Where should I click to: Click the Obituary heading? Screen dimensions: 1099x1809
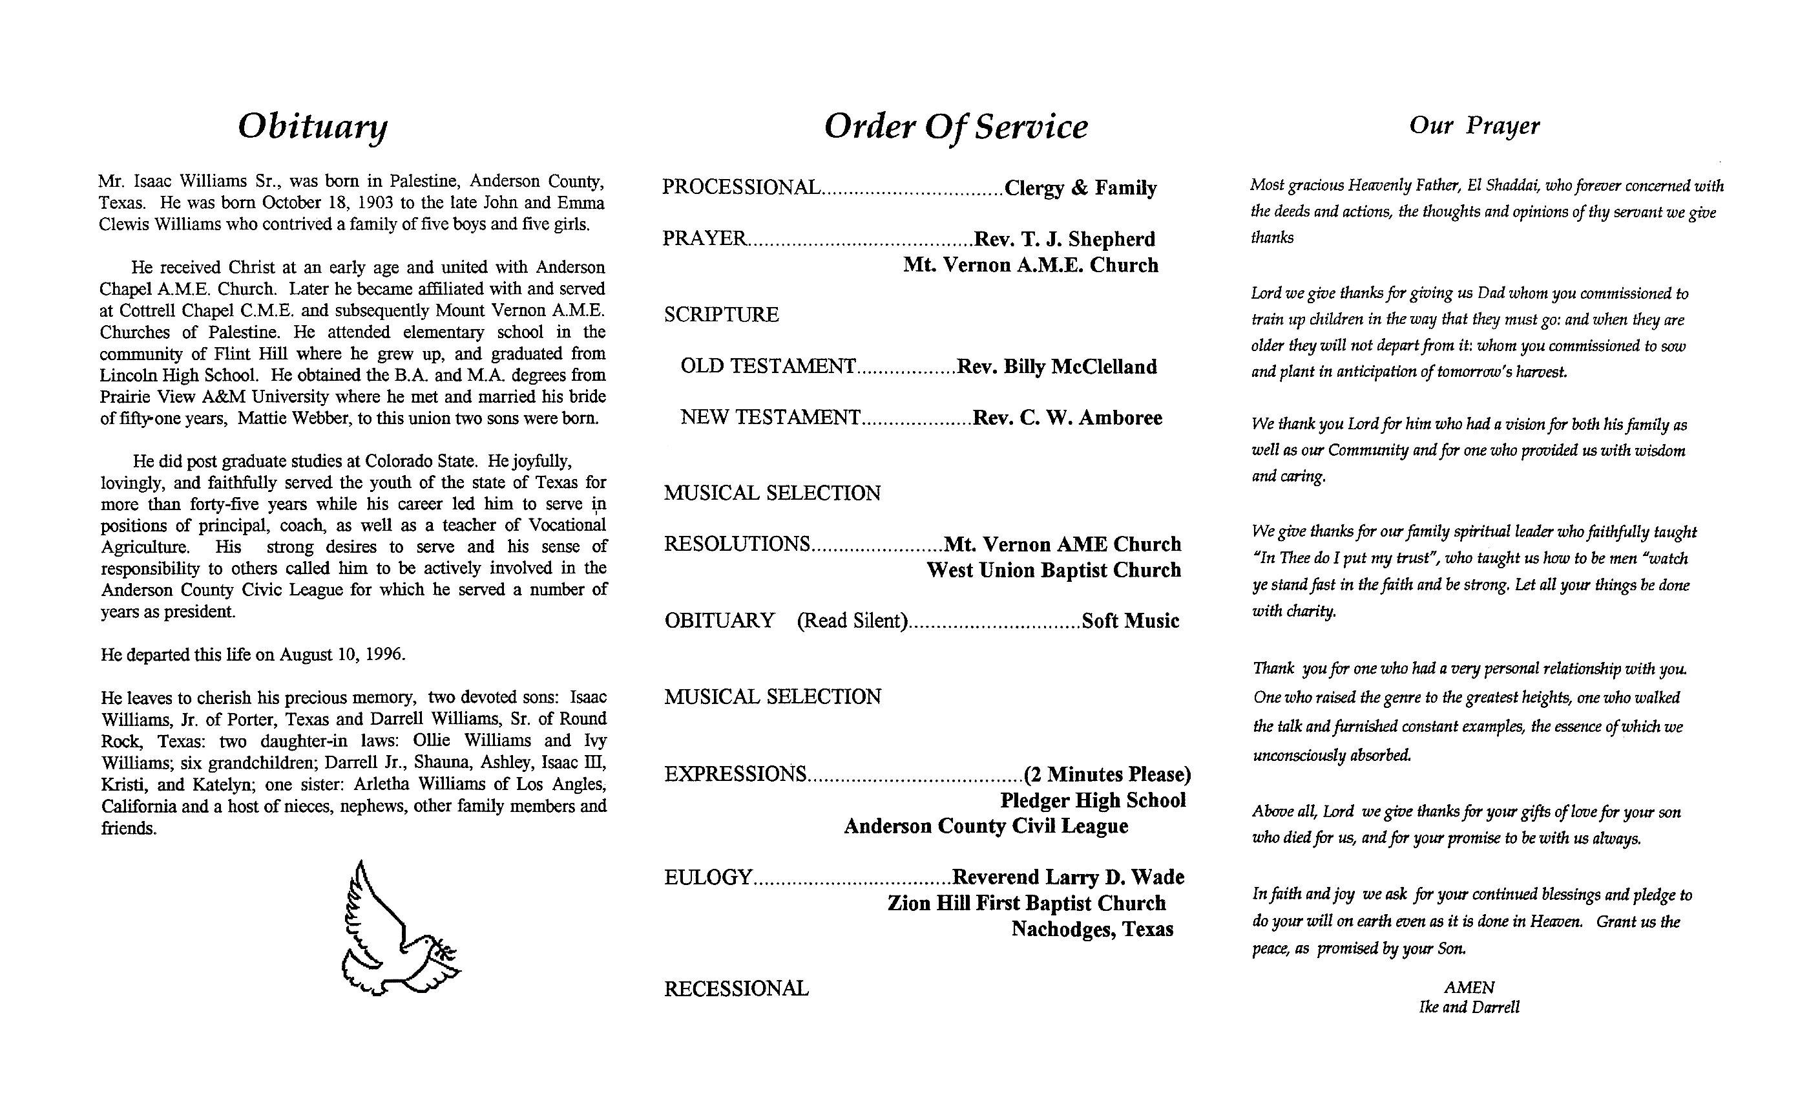pyautogui.click(x=313, y=126)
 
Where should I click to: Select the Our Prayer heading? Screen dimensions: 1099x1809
pyautogui.click(x=1474, y=125)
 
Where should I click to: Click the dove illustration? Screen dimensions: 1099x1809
pyautogui.click(x=397, y=930)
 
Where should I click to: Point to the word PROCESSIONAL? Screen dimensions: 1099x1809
pyautogui.click(x=741, y=187)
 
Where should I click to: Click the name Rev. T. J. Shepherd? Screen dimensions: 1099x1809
pyautogui.click(x=1064, y=239)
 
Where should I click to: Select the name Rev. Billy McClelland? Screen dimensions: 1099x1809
pyautogui.click(x=1056, y=367)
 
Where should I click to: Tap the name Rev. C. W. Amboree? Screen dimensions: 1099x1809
pyautogui.click(x=1067, y=418)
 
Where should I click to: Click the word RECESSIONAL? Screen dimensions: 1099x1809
pyautogui.click(x=737, y=989)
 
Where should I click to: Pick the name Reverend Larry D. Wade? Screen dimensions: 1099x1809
pyautogui.click(x=1067, y=877)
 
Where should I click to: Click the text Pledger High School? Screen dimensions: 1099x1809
pyautogui.click(x=1093, y=800)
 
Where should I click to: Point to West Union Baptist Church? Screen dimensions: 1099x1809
pyautogui.click(x=1054, y=570)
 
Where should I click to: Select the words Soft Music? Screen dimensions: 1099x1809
pyautogui.click(x=1130, y=621)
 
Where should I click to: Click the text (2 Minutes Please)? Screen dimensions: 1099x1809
pyautogui.click(x=1107, y=774)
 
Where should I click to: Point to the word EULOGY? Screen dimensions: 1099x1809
pyautogui.click(x=707, y=878)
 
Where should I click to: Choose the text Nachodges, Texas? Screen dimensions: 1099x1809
pyautogui.click(x=1092, y=930)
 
